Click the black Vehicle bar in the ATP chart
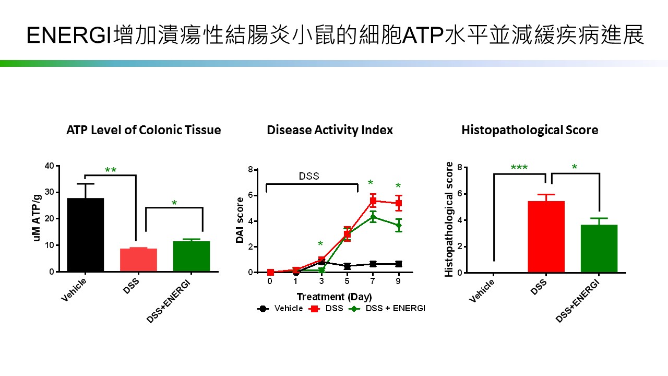(x=85, y=235)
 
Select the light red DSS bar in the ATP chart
(x=138, y=260)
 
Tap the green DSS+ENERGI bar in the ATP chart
(x=192, y=256)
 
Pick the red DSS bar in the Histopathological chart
(x=546, y=237)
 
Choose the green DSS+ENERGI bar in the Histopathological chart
(x=599, y=249)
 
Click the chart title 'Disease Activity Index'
(x=330, y=130)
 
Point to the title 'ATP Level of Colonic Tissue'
(x=144, y=130)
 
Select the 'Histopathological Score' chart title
(x=530, y=130)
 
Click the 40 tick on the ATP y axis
(x=50, y=166)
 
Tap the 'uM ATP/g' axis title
(x=37, y=219)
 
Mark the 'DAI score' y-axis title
(x=240, y=220)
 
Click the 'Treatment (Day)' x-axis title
(x=335, y=297)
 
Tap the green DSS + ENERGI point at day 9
(x=399, y=226)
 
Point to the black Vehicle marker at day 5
(x=347, y=266)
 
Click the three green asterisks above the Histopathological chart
(x=519, y=168)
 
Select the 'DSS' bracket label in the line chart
(x=309, y=176)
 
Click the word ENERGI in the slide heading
(x=69, y=36)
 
